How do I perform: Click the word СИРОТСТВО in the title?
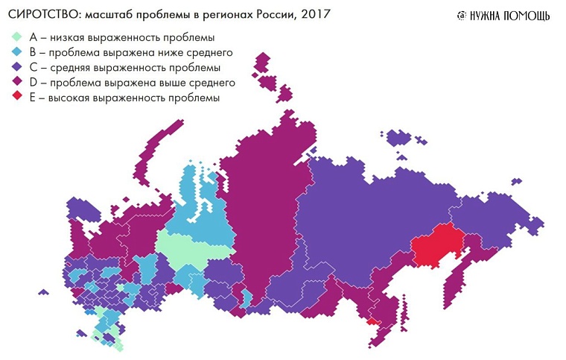click(x=42, y=15)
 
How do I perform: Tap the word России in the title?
click(x=280, y=15)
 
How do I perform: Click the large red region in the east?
click(x=436, y=246)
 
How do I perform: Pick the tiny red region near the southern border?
click(x=372, y=321)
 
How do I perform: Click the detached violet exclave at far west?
click(x=81, y=209)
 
